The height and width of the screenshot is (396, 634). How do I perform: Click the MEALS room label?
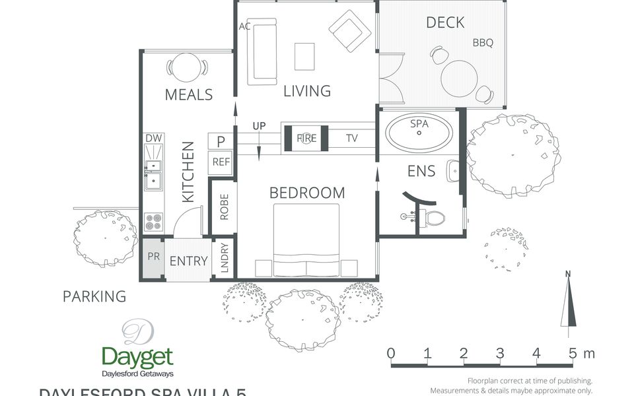[x=188, y=94]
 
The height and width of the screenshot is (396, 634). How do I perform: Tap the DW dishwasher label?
[x=153, y=138]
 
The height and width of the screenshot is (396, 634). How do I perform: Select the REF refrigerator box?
[x=221, y=162]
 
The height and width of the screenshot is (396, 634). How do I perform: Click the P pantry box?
[x=221, y=141]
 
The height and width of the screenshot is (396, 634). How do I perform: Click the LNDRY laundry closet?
[x=224, y=258]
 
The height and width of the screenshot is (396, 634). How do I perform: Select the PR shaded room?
[x=153, y=257]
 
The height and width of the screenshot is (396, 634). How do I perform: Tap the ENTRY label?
[x=188, y=261]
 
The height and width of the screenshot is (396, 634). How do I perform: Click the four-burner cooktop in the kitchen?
[x=153, y=222]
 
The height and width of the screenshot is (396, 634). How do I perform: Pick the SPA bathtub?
[x=419, y=134]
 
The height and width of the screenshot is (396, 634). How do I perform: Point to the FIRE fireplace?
[x=306, y=139]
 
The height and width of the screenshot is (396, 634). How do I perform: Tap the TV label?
[x=351, y=139]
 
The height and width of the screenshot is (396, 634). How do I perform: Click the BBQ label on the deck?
[x=483, y=43]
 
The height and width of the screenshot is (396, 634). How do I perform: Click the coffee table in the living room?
[x=304, y=56]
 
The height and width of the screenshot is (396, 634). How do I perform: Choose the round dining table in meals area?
[x=188, y=67]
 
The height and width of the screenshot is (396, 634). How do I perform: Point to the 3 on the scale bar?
[x=500, y=353]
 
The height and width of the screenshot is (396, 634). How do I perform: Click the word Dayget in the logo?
[x=137, y=358]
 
